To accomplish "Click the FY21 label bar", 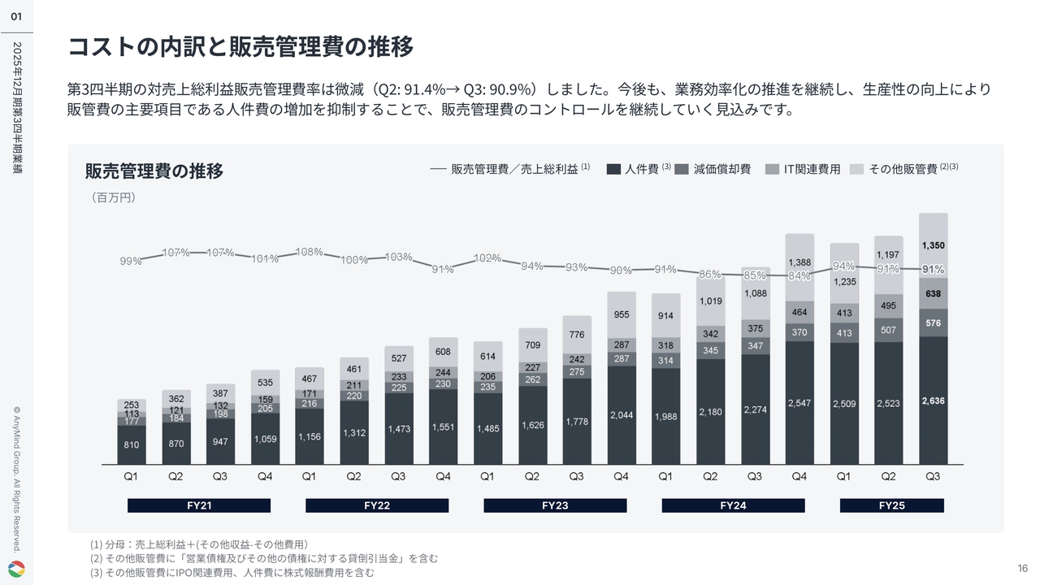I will click(x=199, y=505).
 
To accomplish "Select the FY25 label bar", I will click(x=891, y=505).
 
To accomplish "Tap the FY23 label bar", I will click(x=555, y=505).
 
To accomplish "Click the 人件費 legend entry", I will click(x=639, y=169).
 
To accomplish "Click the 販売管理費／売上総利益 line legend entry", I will click(x=510, y=169).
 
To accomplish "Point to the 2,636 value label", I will click(x=933, y=401).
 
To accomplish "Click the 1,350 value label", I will click(x=933, y=245).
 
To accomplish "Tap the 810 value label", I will click(x=132, y=445).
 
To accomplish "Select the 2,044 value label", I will click(x=622, y=415).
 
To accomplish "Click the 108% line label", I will click(x=309, y=252).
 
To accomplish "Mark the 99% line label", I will click(x=131, y=261).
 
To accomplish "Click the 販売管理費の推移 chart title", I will click(x=154, y=171).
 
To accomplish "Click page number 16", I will click(x=1023, y=567).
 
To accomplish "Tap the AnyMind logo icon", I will click(x=16, y=568).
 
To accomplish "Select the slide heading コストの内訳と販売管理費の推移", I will click(x=240, y=47).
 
